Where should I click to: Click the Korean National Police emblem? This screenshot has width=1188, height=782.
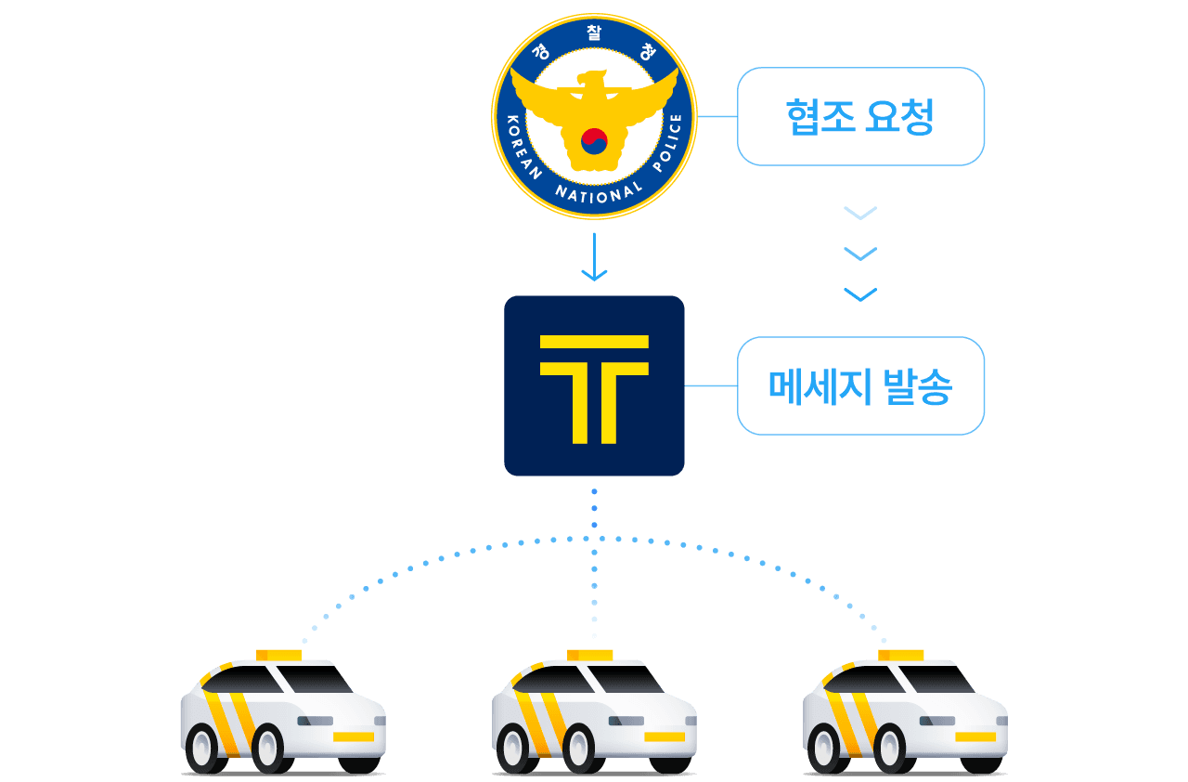[x=594, y=117]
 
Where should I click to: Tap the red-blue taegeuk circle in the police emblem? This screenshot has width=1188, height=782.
[x=594, y=140]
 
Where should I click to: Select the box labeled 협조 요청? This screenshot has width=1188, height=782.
[x=860, y=117]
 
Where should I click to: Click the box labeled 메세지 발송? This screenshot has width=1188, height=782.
[x=860, y=386]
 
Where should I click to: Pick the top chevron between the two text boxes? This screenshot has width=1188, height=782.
[x=860, y=214]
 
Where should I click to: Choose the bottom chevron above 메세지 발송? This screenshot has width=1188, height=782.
[x=860, y=294]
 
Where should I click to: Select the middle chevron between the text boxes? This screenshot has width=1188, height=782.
[x=860, y=254]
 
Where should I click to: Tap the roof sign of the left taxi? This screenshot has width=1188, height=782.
[x=278, y=655]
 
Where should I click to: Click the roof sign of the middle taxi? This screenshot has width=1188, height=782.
[x=590, y=655]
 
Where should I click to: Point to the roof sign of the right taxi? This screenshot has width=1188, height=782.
[x=901, y=655]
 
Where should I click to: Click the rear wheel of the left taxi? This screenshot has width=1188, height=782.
[x=204, y=748]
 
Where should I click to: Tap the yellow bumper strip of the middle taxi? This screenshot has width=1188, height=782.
[x=665, y=736]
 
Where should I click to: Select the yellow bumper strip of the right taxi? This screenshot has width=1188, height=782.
[x=975, y=736]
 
